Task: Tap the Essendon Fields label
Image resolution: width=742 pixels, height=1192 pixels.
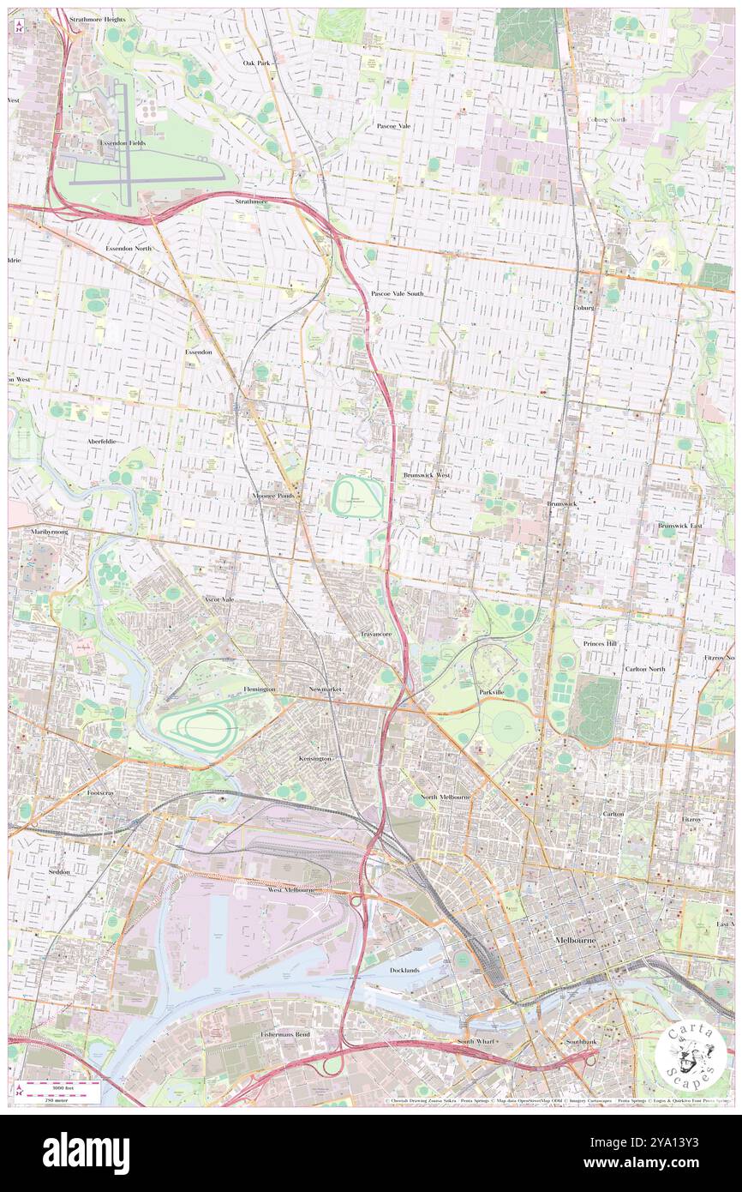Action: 123,143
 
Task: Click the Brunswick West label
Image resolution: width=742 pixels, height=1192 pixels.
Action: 427,474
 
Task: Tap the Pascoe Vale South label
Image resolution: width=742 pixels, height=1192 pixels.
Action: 397,293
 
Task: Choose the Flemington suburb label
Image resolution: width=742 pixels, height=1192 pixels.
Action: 259,689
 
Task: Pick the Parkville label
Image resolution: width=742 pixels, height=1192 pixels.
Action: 492,691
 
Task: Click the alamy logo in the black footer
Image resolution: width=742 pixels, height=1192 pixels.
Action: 86,1153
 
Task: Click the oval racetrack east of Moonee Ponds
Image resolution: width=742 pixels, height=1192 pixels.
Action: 357,497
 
